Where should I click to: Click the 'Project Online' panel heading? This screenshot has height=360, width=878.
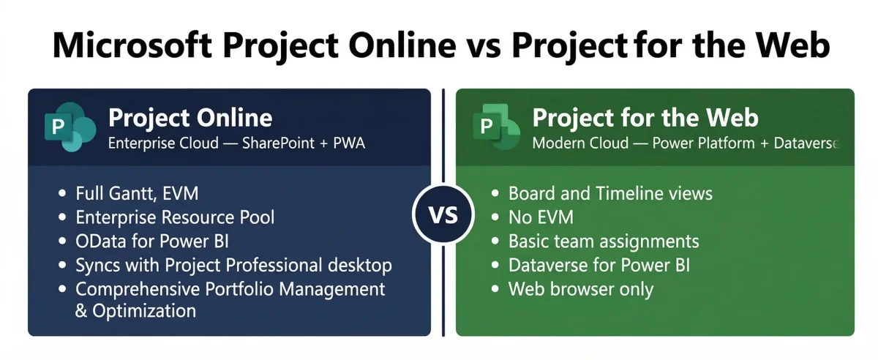point(190,118)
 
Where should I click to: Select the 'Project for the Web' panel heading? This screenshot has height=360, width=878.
point(645,118)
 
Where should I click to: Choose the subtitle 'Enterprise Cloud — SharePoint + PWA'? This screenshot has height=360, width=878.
point(236,143)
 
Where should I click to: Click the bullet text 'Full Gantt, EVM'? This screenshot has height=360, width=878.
point(137,194)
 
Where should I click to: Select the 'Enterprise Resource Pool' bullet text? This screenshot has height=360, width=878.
point(175,217)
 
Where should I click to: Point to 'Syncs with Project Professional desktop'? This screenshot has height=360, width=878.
point(233,265)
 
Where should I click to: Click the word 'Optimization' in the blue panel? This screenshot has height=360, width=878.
point(144,311)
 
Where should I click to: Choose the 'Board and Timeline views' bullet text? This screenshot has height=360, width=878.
point(610,194)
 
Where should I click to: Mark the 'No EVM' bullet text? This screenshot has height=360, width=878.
point(541,217)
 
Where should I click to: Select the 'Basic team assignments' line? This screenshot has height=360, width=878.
point(604,241)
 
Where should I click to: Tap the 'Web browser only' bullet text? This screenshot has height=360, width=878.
point(581,288)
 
